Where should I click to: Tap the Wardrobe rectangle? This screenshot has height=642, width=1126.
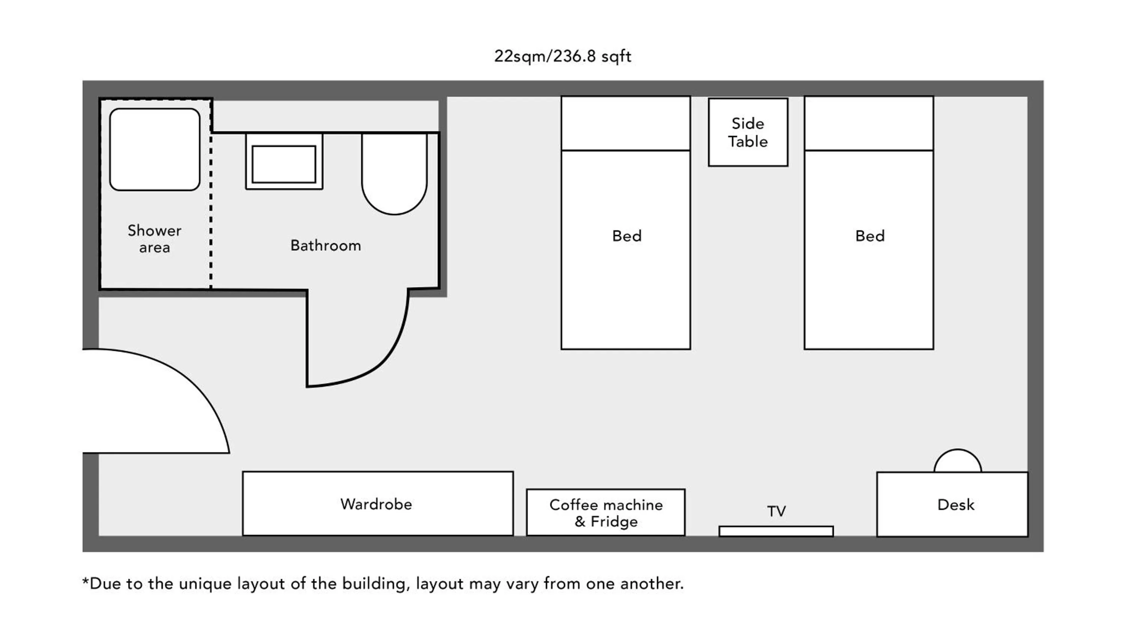pos(377,504)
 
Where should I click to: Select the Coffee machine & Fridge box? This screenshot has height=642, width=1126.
pos(605,512)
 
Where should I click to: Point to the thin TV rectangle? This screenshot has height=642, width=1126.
pos(776,531)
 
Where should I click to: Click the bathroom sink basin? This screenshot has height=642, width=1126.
pos(284,163)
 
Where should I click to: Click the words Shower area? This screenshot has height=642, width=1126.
pos(154,238)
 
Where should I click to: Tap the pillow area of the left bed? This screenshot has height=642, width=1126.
pos(625,124)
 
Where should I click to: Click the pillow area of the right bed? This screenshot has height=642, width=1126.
pos(868,124)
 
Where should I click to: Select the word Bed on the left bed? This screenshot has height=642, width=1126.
pos(626,236)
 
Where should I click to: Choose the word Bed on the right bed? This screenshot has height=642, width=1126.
pos(870,236)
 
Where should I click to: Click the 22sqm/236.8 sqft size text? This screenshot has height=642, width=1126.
pos(563,56)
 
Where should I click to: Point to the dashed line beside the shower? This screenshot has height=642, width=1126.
pos(211,211)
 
